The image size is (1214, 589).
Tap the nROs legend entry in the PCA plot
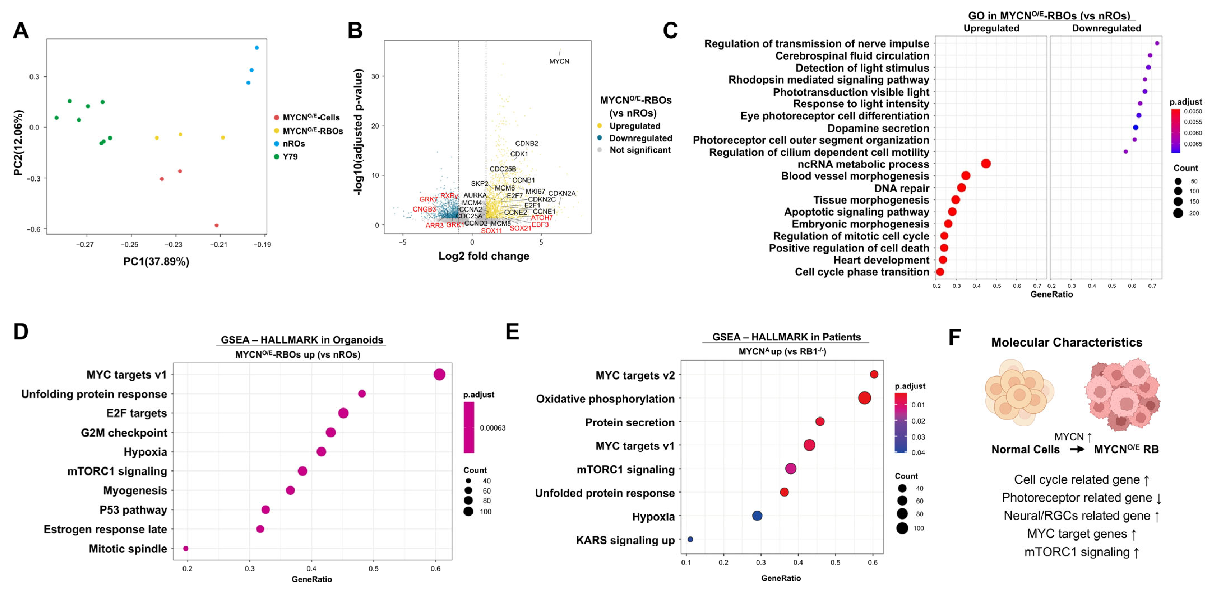point(293,144)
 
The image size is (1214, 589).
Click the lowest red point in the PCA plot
point(216,225)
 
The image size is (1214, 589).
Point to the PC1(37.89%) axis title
point(156,261)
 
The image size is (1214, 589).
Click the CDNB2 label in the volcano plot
point(526,143)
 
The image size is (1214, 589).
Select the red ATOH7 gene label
point(542,218)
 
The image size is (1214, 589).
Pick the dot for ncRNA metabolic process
point(986,164)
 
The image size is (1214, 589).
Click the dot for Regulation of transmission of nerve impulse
point(1157,43)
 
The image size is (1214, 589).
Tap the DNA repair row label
point(901,189)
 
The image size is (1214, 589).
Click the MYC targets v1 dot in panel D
point(439,375)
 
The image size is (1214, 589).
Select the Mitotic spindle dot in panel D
point(186,548)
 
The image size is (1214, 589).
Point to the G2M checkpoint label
point(124,433)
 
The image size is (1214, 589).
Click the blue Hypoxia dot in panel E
point(757,516)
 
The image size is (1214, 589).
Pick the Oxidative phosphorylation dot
point(864,398)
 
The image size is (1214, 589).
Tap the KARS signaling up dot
point(690,539)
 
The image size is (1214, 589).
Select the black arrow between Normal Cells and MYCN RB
point(1077,449)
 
